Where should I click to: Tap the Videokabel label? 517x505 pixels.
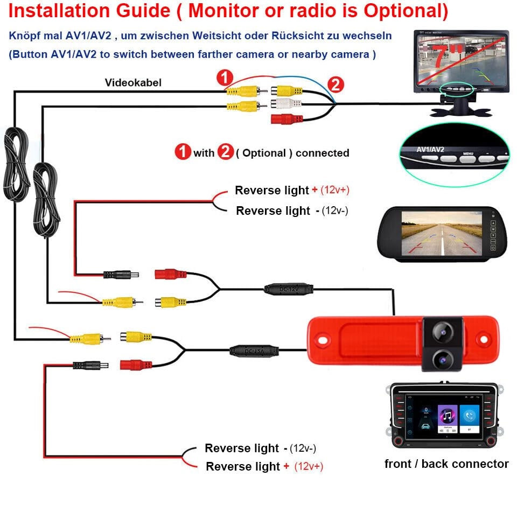point(133,82)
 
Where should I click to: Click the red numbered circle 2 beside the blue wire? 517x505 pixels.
point(336,85)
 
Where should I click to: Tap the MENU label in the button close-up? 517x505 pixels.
point(468,153)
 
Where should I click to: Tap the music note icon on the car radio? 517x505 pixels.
point(445,415)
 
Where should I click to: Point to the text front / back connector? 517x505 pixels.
point(446,464)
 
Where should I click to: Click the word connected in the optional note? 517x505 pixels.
point(322,153)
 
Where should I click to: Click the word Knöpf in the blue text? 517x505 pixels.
point(23,36)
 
